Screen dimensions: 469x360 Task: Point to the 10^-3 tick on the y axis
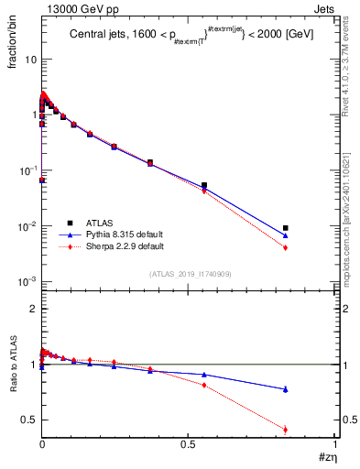pyautogui.click(x=27, y=282)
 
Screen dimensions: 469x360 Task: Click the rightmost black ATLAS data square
pyautogui.click(x=286, y=228)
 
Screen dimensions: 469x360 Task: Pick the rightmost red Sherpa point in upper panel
pyautogui.click(x=286, y=247)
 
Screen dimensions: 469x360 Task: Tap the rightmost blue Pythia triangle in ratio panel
pyautogui.click(x=286, y=389)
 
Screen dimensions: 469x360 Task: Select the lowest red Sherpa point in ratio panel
pyautogui.click(x=286, y=429)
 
